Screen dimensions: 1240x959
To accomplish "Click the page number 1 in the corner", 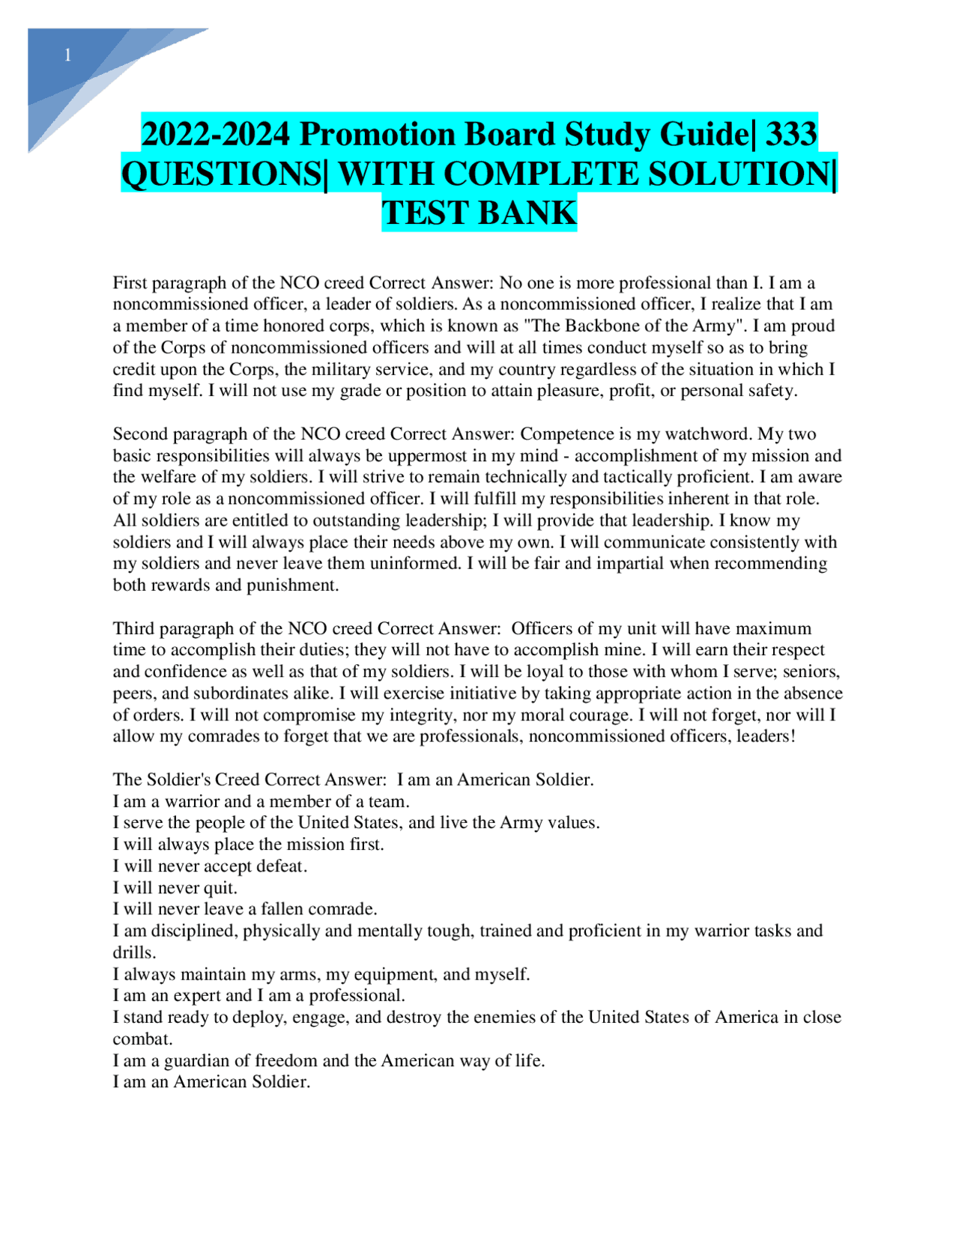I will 68,55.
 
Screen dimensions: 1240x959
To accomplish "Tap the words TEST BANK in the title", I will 479,213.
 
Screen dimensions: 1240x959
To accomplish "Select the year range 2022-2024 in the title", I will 216,135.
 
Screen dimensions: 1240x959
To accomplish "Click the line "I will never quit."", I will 175,889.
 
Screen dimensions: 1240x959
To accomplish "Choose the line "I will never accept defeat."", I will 210,867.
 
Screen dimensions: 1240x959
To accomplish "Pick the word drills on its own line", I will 134,953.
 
